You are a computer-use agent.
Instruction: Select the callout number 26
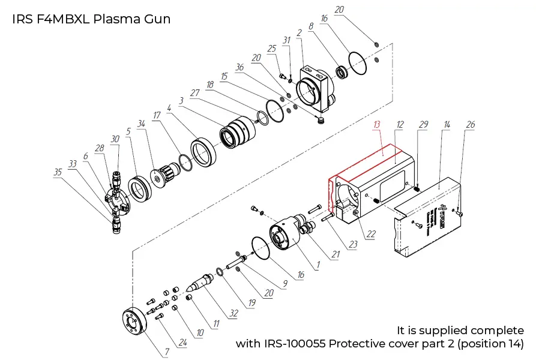click(x=471, y=124)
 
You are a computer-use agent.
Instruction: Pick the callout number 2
click(x=299, y=32)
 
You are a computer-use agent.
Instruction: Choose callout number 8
click(x=310, y=26)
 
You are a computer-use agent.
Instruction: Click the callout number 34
click(x=142, y=124)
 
